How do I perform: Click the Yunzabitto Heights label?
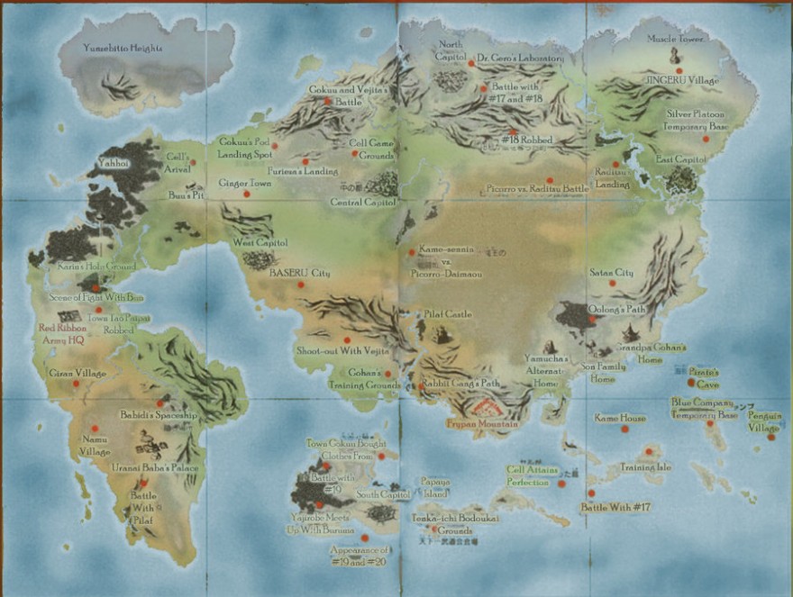tap(123, 48)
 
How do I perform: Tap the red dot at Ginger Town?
tap(247, 194)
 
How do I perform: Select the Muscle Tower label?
tap(676, 39)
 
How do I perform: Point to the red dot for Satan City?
tap(612, 284)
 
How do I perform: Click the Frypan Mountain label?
tap(482, 423)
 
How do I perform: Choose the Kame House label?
tap(620, 418)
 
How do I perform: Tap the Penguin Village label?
tap(764, 421)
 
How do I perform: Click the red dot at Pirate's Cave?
tap(691, 382)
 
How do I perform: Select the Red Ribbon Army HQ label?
tap(61, 334)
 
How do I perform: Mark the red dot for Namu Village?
tap(94, 429)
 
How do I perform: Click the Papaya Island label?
tap(434, 486)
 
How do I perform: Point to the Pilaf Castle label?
tap(448, 314)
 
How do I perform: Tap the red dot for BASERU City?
tap(301, 285)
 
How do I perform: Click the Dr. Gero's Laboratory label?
tap(520, 58)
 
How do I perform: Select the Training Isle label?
tap(645, 467)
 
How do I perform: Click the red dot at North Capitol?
tap(470, 64)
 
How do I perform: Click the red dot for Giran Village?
tap(76, 384)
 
